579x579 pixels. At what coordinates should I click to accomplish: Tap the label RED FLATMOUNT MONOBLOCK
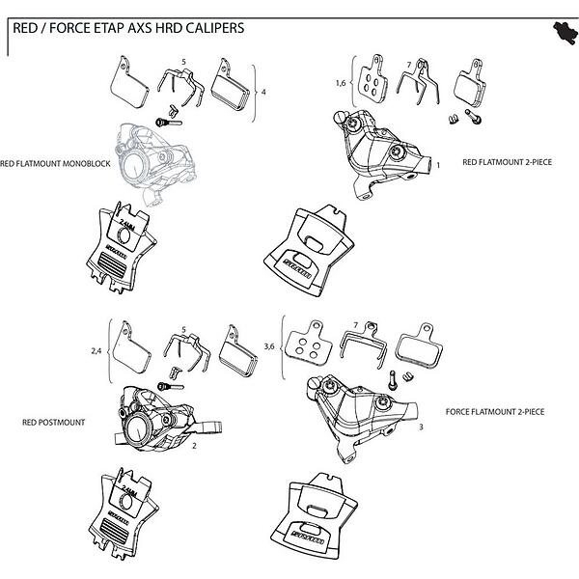(x=56, y=165)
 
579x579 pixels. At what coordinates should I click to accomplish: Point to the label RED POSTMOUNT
(x=53, y=422)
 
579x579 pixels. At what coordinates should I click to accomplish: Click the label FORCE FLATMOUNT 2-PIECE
(x=495, y=411)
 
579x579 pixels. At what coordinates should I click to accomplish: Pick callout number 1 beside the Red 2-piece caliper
(x=439, y=165)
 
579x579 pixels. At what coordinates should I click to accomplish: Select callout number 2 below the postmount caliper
(x=195, y=447)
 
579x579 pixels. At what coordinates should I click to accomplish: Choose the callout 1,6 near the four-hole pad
(x=341, y=84)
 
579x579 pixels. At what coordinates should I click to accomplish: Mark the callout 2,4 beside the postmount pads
(x=96, y=351)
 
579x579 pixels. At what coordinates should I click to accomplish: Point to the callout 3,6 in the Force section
(x=270, y=345)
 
